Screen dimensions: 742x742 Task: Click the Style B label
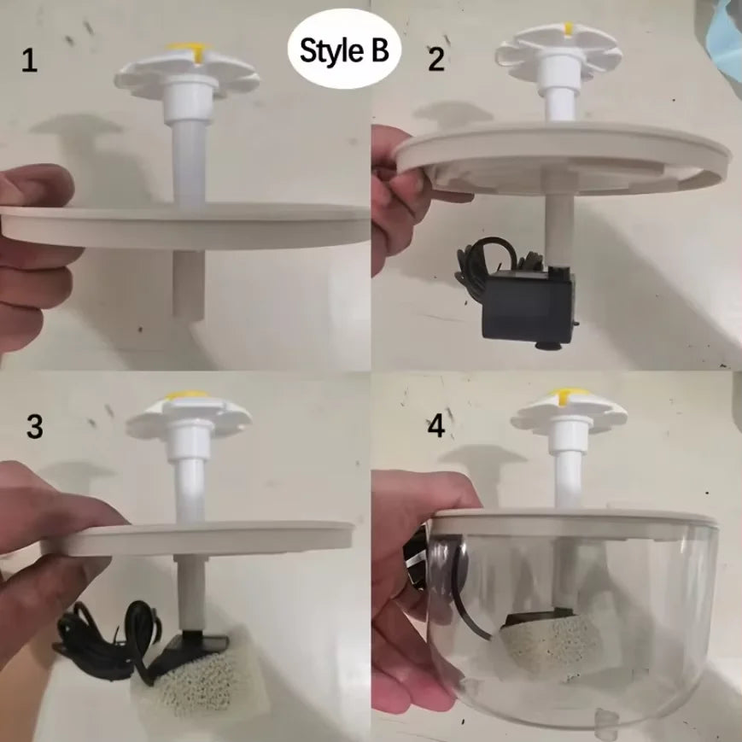(x=343, y=51)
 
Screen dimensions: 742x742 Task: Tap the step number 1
(x=30, y=61)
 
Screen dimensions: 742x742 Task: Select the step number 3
(x=34, y=427)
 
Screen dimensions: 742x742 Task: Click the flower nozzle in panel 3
(x=188, y=415)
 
